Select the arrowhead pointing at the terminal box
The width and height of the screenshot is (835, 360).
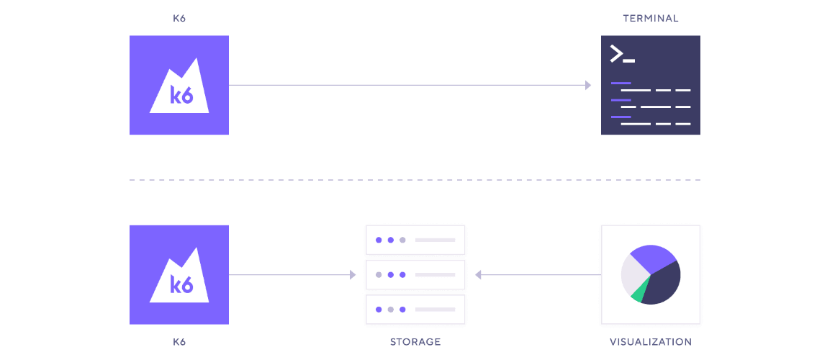[588, 86]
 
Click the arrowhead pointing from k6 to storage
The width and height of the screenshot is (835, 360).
[353, 275]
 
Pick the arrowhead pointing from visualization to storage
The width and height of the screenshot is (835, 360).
[479, 275]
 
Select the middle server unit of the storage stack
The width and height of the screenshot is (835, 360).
[415, 274]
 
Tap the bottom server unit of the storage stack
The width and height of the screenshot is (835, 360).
[415, 309]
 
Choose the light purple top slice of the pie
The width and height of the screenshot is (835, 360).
[652, 256]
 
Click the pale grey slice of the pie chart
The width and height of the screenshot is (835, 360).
[631, 274]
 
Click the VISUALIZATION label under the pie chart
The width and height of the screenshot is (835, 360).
[650, 341]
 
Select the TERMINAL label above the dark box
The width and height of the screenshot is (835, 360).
[650, 18]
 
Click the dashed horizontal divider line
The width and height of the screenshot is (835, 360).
[415, 180]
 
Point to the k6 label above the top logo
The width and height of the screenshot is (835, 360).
[179, 18]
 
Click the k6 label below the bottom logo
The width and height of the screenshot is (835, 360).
[179, 341]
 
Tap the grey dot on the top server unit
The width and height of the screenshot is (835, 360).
[402, 240]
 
